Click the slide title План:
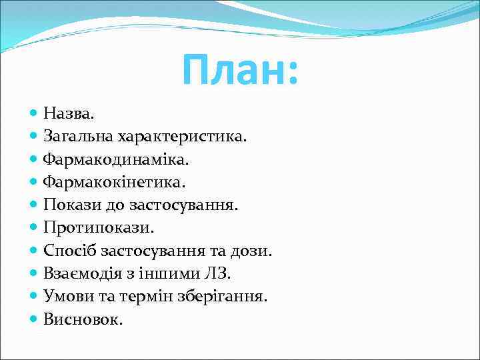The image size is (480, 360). tap(241, 70)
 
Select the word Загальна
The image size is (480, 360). tap(79, 137)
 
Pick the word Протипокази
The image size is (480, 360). tap(99, 228)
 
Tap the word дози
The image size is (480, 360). tap(253, 251)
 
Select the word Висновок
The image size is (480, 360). tap(83, 319)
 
